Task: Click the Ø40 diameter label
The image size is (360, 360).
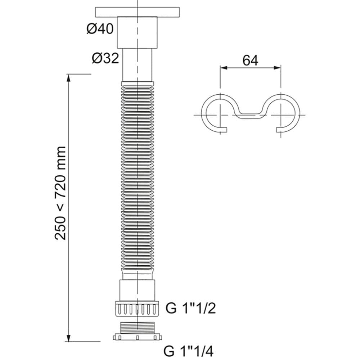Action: tap(100, 29)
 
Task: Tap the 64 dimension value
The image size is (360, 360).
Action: tap(250, 60)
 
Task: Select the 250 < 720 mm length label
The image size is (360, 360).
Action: tap(60, 193)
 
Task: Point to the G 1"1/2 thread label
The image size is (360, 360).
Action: tap(190, 308)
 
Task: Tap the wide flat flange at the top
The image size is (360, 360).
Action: tap(137, 12)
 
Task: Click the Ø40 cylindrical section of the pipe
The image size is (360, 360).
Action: tap(137, 33)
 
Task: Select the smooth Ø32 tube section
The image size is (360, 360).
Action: tap(137, 65)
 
